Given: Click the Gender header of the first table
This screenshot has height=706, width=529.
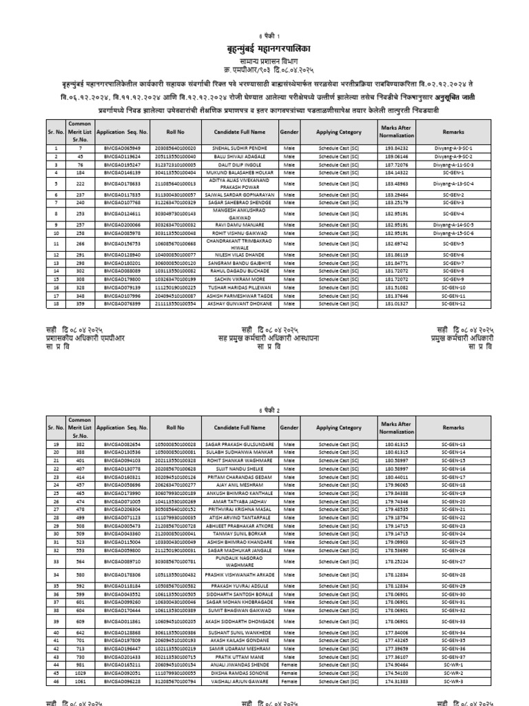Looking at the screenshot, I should [289, 132].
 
